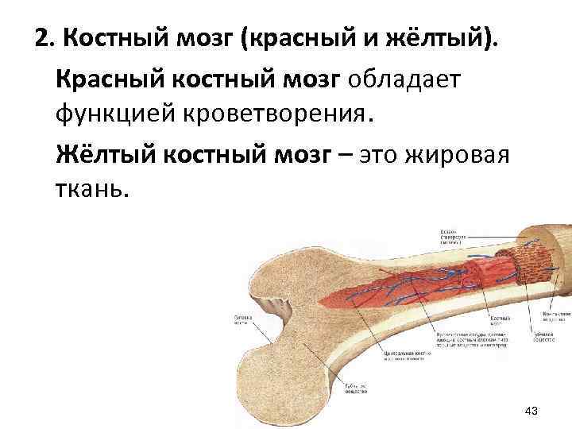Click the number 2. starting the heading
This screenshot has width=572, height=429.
44,38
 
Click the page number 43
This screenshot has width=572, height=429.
532,411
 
